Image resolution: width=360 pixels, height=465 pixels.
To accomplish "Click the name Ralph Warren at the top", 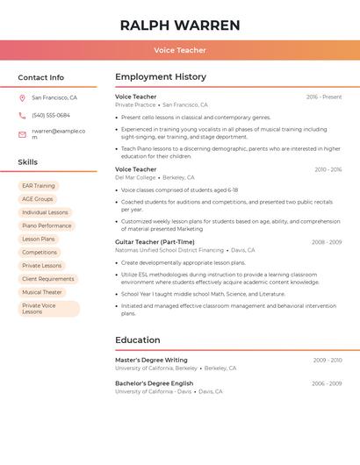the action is pyautogui.click(x=180, y=25).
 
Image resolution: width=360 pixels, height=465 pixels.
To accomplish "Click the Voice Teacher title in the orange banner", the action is pyautogui.click(x=180, y=50).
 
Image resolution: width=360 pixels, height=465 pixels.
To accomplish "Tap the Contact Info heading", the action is pyautogui.click(x=41, y=77).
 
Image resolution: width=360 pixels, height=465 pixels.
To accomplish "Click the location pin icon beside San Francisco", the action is pyautogui.click(x=22, y=98).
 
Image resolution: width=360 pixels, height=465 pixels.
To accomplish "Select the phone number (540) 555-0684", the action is pyautogui.click(x=51, y=115).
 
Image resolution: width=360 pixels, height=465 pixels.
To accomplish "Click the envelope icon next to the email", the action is pyautogui.click(x=22, y=134).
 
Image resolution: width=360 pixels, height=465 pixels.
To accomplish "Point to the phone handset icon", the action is pyautogui.click(x=22, y=115).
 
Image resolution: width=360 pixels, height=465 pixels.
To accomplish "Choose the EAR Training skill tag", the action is pyautogui.click(x=39, y=186).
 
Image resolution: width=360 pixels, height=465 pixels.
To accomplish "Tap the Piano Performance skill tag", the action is pyautogui.click(x=47, y=225).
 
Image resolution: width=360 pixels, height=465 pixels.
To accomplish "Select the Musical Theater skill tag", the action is pyautogui.click(x=42, y=292).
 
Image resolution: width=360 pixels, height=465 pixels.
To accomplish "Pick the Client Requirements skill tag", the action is pyautogui.click(x=48, y=279).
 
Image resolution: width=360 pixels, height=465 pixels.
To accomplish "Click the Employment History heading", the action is pyautogui.click(x=161, y=77).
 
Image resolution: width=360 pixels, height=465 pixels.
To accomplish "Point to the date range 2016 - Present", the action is pyautogui.click(x=324, y=97).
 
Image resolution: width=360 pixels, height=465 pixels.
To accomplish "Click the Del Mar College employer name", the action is pyautogui.click(x=135, y=177).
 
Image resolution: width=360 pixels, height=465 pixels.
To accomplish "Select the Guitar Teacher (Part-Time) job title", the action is pyautogui.click(x=154, y=241).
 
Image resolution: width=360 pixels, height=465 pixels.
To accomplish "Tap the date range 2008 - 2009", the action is pyautogui.click(x=327, y=241).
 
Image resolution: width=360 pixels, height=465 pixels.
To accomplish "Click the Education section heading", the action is pyautogui.click(x=138, y=340).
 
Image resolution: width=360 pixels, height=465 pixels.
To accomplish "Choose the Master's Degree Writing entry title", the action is pyautogui.click(x=151, y=360).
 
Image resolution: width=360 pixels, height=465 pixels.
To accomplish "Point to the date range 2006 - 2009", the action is pyautogui.click(x=327, y=383).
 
